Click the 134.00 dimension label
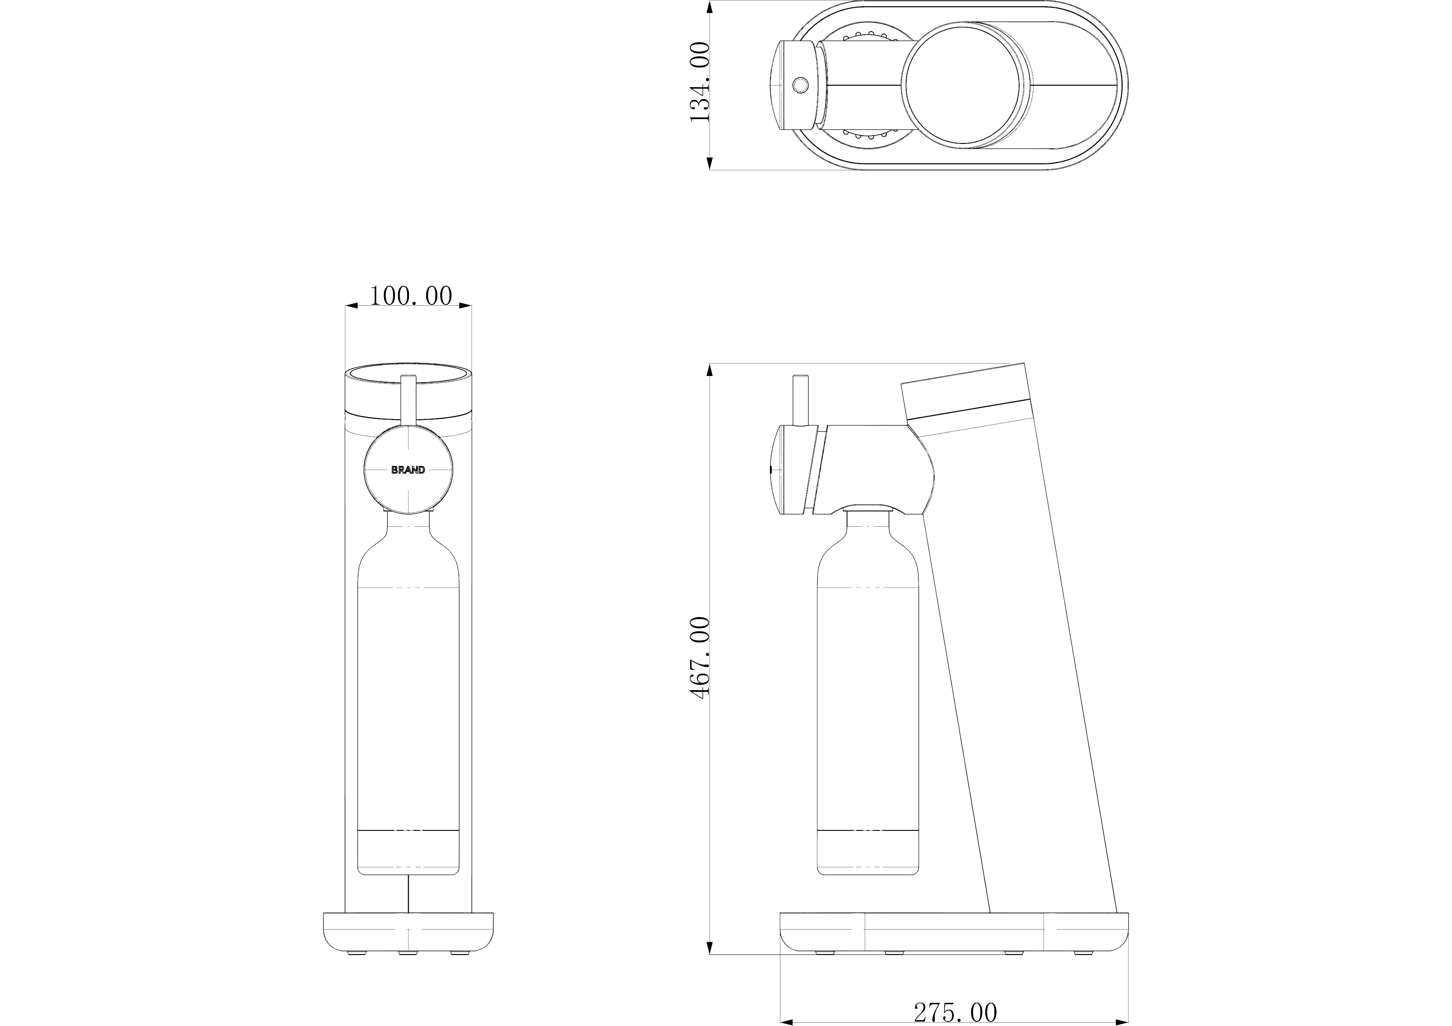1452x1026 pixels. [x=700, y=82]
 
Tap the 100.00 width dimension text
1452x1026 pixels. [x=410, y=296]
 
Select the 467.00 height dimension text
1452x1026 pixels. [x=700, y=658]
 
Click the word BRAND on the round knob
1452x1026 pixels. [x=408, y=470]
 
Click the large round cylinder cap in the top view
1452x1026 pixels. [x=962, y=85]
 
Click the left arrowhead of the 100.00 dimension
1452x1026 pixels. [x=352, y=306]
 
